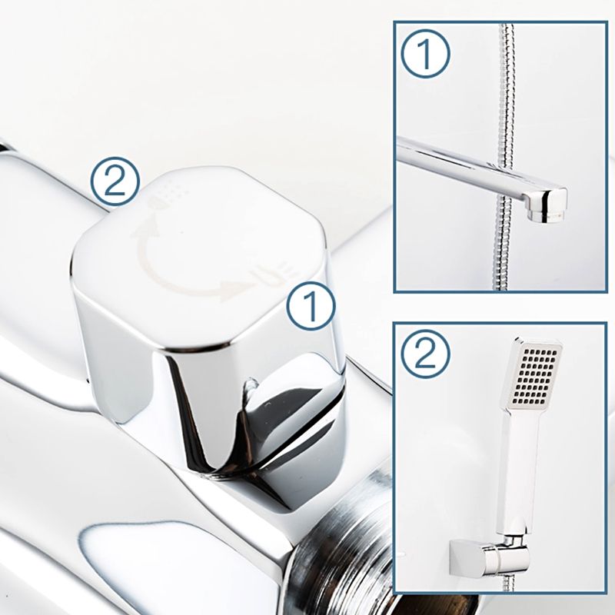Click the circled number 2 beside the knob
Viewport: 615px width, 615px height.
coord(115,181)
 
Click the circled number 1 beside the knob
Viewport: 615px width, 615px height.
coord(311,305)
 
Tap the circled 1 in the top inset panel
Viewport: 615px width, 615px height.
coord(426,53)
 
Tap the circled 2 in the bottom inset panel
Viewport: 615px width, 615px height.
coord(426,354)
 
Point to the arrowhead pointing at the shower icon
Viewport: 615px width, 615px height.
coord(146,228)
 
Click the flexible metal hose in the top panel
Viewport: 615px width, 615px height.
coord(507,157)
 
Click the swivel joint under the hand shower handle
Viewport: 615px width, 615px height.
coord(512,540)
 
